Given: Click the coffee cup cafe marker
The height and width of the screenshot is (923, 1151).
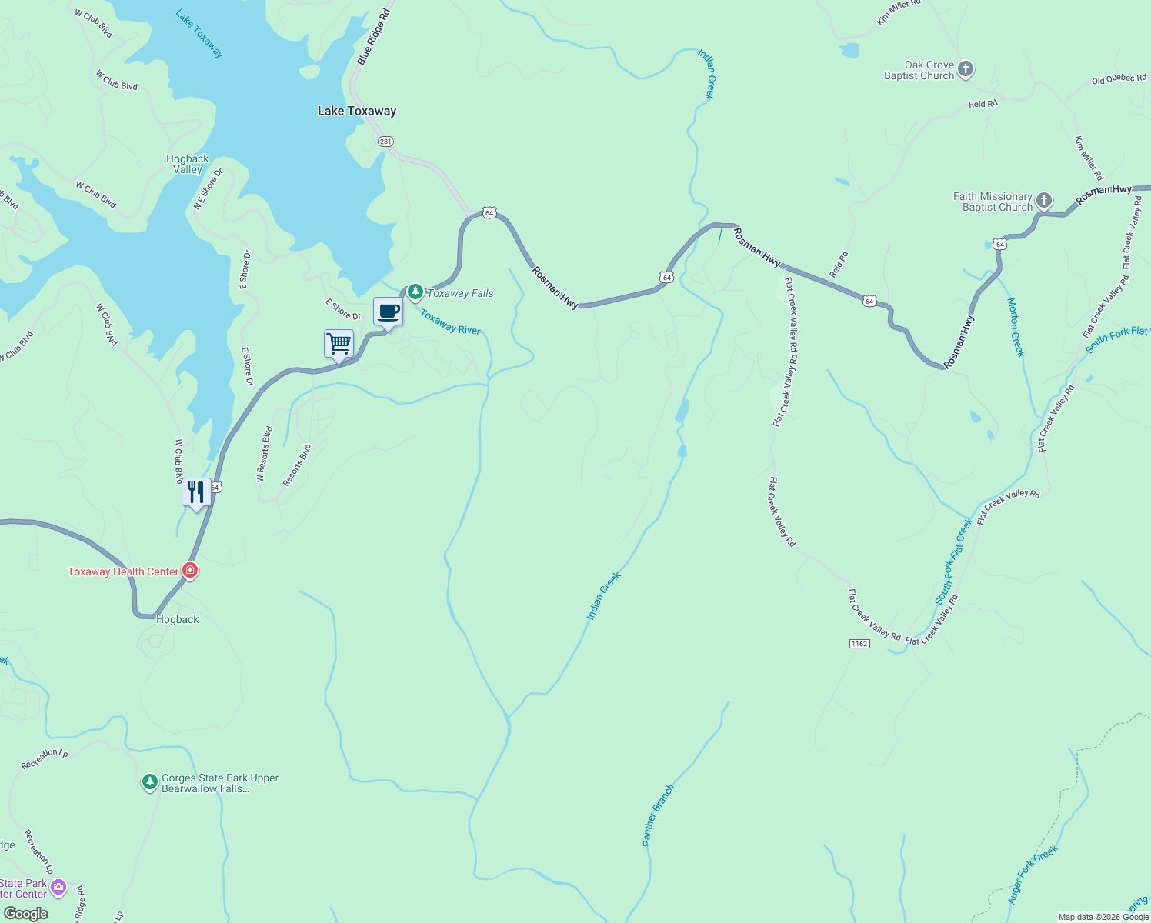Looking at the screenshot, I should click(388, 312).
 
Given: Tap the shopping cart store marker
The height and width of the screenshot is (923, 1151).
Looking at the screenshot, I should click(339, 344).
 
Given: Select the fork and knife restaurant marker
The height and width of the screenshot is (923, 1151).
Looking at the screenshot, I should click(196, 492).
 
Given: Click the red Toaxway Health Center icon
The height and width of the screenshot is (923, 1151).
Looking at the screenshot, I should click(190, 571).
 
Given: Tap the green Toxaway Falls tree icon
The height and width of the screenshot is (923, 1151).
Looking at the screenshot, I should click(415, 292).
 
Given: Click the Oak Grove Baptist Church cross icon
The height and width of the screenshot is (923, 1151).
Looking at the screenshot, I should click(966, 70).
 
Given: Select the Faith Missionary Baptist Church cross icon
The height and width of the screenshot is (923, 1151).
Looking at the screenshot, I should click(1044, 202).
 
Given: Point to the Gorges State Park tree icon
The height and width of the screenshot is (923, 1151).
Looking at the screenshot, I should click(150, 782).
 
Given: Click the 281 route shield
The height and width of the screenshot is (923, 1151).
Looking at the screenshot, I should click(385, 142).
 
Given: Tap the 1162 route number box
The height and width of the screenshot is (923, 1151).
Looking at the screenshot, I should click(859, 644).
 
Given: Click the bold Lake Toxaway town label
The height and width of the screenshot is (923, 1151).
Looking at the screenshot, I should click(357, 111).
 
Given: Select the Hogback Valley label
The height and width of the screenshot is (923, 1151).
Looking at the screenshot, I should click(188, 164).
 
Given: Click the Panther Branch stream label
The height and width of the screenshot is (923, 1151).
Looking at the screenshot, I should click(658, 815).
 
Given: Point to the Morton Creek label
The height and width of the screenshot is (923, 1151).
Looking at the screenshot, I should click(1016, 327).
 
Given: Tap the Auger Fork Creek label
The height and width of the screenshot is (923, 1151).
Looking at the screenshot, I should click(1033, 874).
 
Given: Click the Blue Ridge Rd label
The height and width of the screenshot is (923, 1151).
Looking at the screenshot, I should click(374, 37).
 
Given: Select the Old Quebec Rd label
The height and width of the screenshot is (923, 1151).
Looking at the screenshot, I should click(1119, 80).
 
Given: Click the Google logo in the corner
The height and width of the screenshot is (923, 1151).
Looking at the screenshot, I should click(25, 914).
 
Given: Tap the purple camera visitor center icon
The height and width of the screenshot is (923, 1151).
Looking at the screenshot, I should click(58, 888).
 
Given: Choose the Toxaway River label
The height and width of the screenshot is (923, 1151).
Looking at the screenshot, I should click(449, 322).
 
